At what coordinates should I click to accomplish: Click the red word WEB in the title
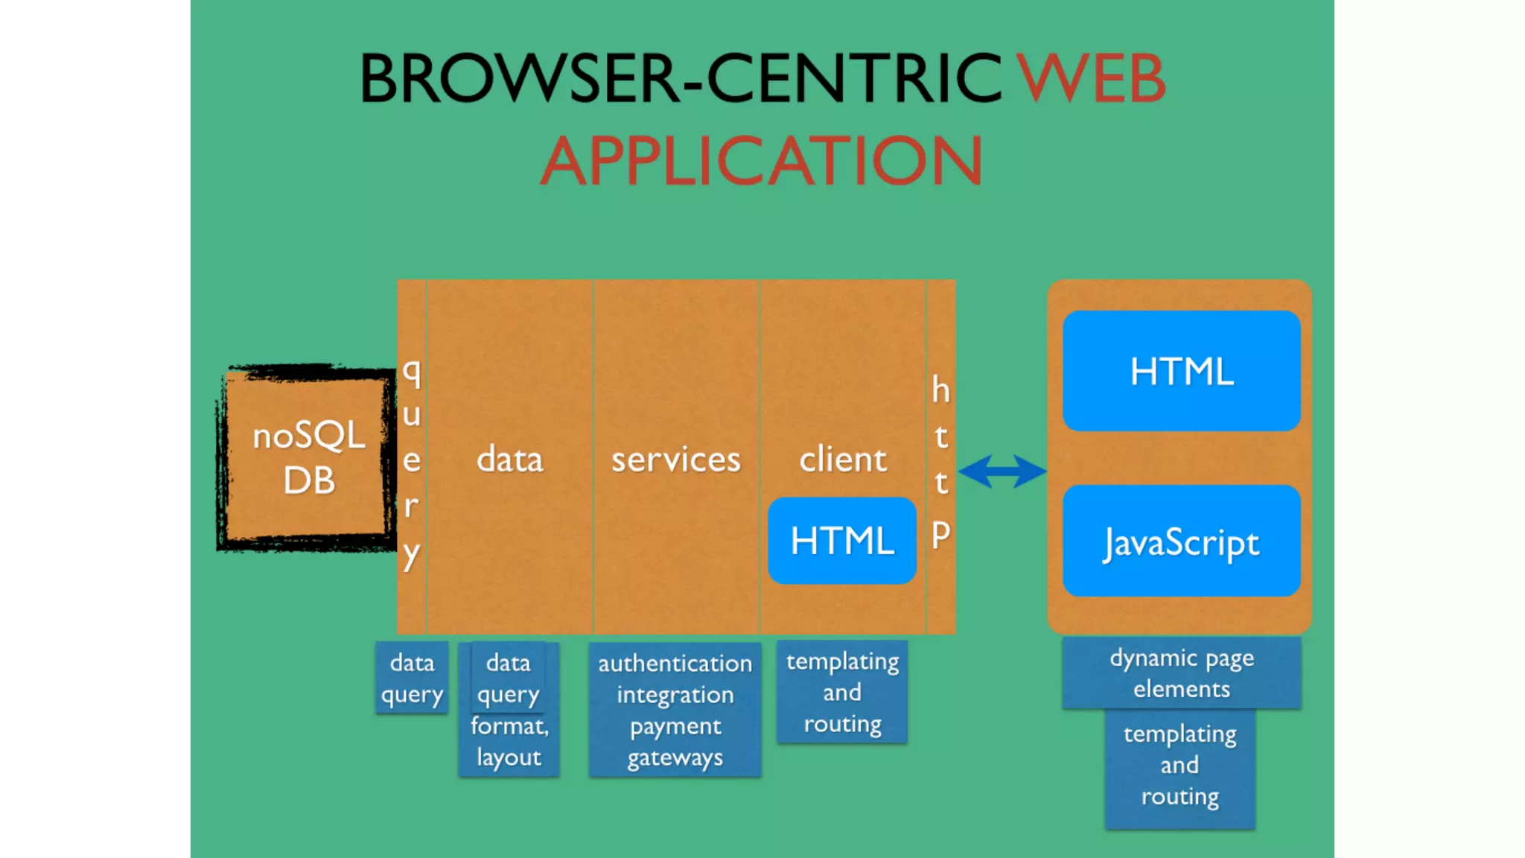(x=1091, y=78)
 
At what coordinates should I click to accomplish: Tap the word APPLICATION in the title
(x=761, y=161)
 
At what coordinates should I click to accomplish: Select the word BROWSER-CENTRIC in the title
(x=681, y=78)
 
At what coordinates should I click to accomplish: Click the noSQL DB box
(x=308, y=458)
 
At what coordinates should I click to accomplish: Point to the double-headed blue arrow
(x=1002, y=471)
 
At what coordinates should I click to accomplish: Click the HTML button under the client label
(x=842, y=541)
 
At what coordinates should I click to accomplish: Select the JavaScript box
(x=1182, y=541)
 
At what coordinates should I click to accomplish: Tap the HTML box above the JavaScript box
(x=1182, y=371)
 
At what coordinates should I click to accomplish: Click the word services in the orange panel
(x=676, y=460)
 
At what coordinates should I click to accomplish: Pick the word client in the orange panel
(x=843, y=460)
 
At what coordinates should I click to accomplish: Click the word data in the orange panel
(x=510, y=460)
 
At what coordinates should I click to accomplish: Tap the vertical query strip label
(x=412, y=462)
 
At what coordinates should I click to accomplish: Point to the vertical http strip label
(x=941, y=462)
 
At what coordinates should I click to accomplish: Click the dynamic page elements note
(x=1182, y=673)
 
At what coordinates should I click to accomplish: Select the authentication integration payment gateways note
(x=675, y=710)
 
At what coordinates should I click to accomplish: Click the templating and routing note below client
(x=842, y=693)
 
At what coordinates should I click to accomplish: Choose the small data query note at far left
(x=412, y=678)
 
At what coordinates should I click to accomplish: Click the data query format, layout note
(x=509, y=710)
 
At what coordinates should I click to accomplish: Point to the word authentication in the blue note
(x=675, y=663)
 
